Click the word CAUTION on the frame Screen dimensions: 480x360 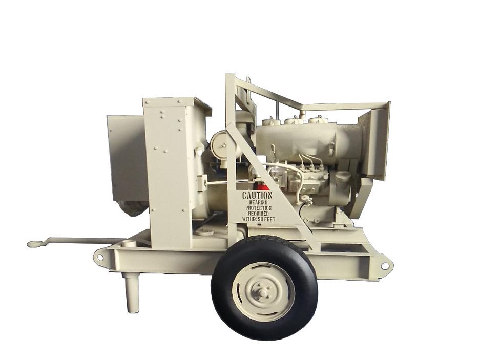257,195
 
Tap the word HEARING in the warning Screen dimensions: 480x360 258,202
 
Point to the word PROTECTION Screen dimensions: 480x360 258,208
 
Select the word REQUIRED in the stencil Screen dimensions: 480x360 258,213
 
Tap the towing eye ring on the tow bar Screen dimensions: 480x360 32,244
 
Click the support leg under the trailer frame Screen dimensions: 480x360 131,292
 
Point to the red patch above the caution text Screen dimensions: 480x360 262,186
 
